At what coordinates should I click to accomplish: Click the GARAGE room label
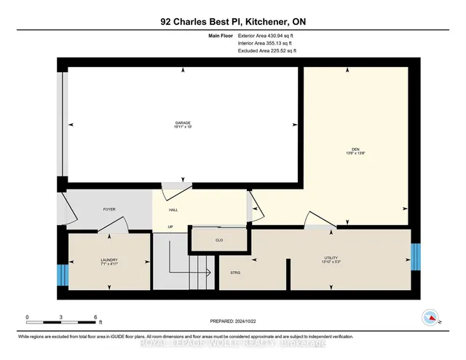182,122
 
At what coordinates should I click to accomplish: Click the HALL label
174,210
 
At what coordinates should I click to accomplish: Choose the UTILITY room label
333,257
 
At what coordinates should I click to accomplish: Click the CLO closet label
218,239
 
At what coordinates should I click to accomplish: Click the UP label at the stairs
170,227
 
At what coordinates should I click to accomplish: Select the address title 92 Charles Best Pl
232,22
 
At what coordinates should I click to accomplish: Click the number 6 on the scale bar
95,318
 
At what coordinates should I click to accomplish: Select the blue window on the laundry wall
62,275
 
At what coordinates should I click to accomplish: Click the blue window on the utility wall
416,256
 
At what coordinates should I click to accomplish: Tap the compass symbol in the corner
432,318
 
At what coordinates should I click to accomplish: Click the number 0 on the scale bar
27,318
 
